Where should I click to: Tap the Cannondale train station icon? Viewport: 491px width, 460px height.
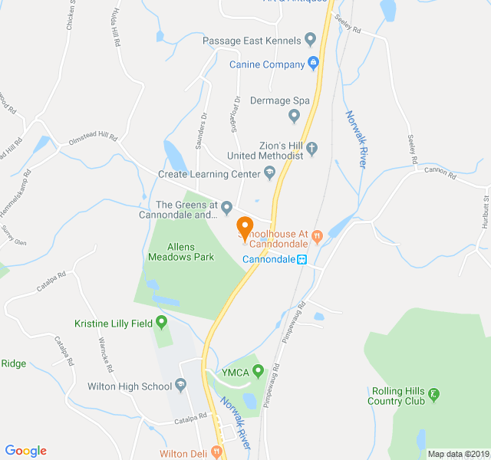[x=303, y=259]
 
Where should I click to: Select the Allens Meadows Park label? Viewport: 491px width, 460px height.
[x=180, y=252]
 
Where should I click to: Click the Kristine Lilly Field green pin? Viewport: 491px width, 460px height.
[x=161, y=323]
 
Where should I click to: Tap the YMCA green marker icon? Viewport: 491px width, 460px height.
[x=259, y=372]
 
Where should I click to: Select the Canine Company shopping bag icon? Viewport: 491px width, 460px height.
[x=313, y=64]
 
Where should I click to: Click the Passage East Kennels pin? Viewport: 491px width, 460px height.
[x=310, y=39]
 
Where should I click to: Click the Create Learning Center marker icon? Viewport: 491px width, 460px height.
[x=269, y=174]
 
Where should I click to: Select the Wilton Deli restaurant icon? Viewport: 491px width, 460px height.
[x=218, y=453]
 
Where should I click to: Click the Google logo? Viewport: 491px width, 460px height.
[x=25, y=451]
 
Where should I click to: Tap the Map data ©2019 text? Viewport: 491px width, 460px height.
[x=458, y=453]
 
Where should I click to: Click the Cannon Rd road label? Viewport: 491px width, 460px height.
[x=440, y=173]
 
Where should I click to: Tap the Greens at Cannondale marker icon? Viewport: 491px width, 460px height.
[x=226, y=206]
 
